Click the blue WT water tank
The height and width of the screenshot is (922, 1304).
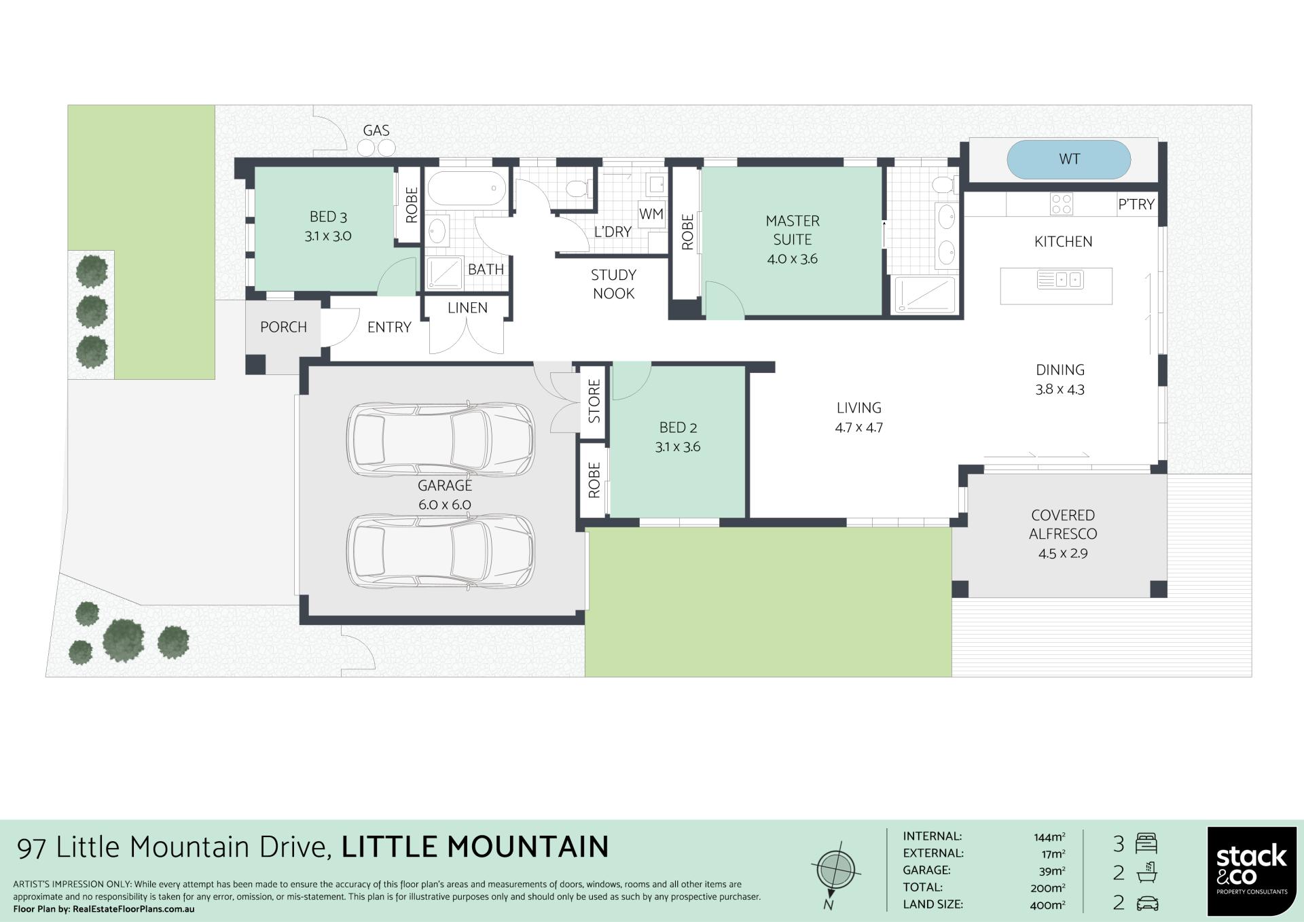coord(1068,160)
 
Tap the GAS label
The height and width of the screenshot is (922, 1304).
coord(376,130)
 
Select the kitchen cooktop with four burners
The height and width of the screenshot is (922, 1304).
coord(1062,204)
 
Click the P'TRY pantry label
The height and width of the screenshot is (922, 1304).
coord(1136,204)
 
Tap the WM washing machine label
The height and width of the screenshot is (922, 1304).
coord(651,214)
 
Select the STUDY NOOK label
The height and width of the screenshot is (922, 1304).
coord(613,284)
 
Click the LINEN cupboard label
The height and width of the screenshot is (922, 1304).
coord(467,308)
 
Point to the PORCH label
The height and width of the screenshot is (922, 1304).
coord(283,327)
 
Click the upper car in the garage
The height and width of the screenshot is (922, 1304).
coord(441,439)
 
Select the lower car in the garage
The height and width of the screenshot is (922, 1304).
coord(441,551)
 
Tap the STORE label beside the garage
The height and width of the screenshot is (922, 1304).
coord(594,402)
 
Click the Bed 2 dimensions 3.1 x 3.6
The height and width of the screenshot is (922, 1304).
coord(678,447)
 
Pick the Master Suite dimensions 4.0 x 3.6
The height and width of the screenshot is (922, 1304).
coord(793,259)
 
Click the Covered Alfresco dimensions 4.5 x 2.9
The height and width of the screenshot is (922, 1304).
coord(1063,554)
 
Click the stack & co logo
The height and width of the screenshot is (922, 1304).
coord(1252,871)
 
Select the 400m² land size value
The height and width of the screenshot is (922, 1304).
coord(1047,905)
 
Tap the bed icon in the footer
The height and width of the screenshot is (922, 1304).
coord(1146,843)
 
